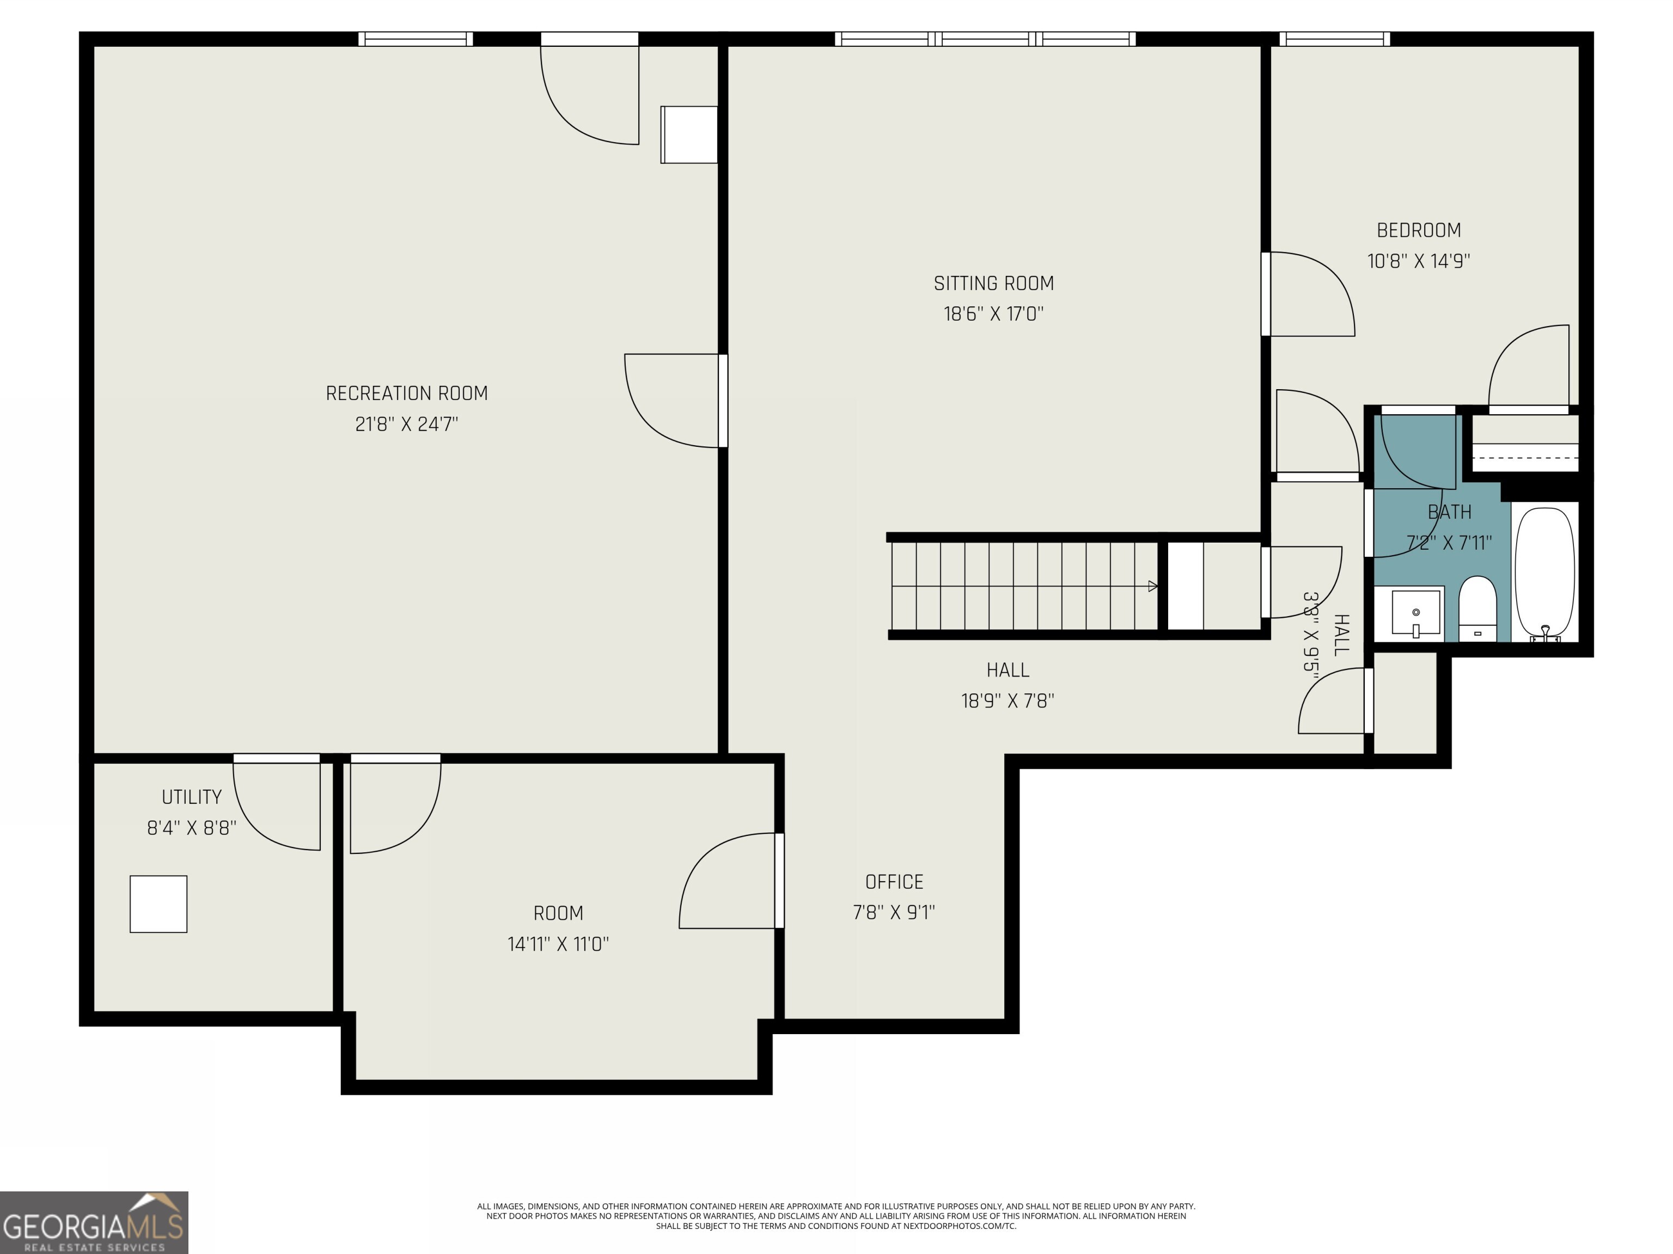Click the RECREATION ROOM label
[407, 393]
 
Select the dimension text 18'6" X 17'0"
[993, 313]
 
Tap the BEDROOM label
[1418, 230]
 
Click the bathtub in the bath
[1545, 573]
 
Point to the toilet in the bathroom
[1477, 608]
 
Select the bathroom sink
[1415, 613]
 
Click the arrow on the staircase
[1152, 586]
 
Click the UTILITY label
[191, 797]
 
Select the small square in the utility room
[158, 904]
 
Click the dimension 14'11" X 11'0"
[558, 944]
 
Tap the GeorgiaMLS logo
[94, 1222]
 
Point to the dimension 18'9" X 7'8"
[1008, 700]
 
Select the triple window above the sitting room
[985, 39]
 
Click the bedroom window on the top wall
[1334, 39]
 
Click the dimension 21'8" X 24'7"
[407, 424]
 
